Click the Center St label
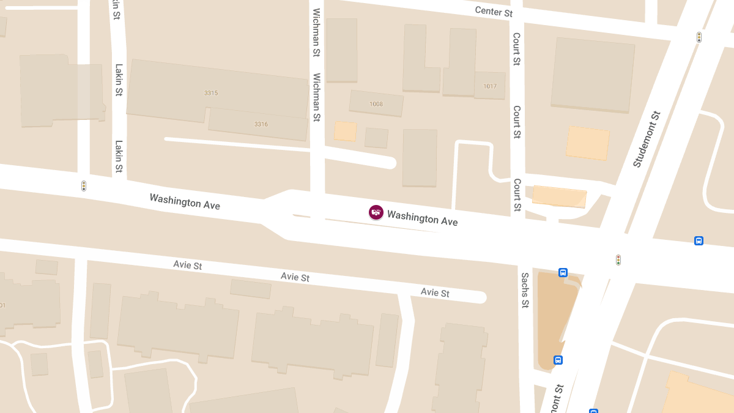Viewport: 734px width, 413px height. click(x=494, y=12)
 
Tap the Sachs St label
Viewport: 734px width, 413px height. click(x=525, y=290)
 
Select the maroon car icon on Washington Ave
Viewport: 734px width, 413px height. click(x=376, y=212)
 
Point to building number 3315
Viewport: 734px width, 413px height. click(x=211, y=93)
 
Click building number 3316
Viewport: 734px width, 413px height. click(x=261, y=124)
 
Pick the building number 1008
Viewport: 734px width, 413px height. click(x=376, y=104)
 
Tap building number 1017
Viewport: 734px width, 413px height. click(x=490, y=86)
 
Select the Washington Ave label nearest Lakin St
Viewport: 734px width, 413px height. click(x=185, y=201)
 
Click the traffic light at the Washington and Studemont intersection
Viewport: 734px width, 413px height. click(x=618, y=260)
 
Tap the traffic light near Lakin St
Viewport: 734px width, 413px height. click(x=84, y=185)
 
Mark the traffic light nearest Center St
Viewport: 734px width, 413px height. click(x=699, y=37)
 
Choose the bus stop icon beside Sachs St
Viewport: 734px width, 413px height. click(x=563, y=273)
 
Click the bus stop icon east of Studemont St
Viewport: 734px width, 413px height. click(x=699, y=240)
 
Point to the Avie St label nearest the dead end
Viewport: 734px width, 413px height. click(x=435, y=292)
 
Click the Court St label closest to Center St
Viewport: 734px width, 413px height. click(x=517, y=49)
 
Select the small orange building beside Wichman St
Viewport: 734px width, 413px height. click(x=345, y=131)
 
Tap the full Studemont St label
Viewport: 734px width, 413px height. click(x=647, y=140)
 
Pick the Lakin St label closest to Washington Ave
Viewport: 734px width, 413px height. click(x=119, y=157)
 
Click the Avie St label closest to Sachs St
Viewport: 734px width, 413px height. click(x=435, y=292)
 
